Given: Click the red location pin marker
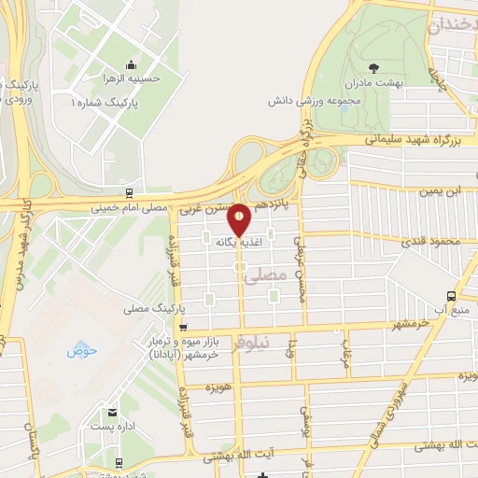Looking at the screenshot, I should click(240, 220).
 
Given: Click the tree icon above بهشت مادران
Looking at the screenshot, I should click(374, 66).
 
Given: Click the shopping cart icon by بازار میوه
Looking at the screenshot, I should click(182, 328).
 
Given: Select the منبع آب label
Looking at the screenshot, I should click(457, 309).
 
